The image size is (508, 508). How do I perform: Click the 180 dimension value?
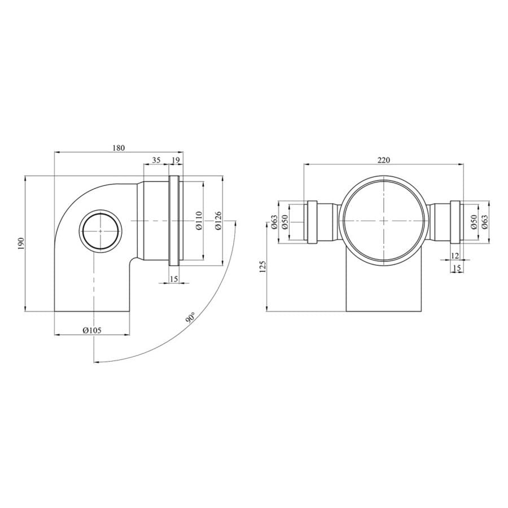[x=119, y=148]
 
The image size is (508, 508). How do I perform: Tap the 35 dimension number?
[x=156, y=160]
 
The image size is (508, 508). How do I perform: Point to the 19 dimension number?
[x=176, y=160]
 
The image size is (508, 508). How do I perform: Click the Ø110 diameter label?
[x=199, y=220]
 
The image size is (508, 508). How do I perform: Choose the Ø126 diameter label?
[x=218, y=220]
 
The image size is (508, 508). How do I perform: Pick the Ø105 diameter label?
[x=92, y=330]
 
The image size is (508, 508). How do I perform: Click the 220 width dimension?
[x=384, y=160]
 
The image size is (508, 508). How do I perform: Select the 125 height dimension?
[x=262, y=266]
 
